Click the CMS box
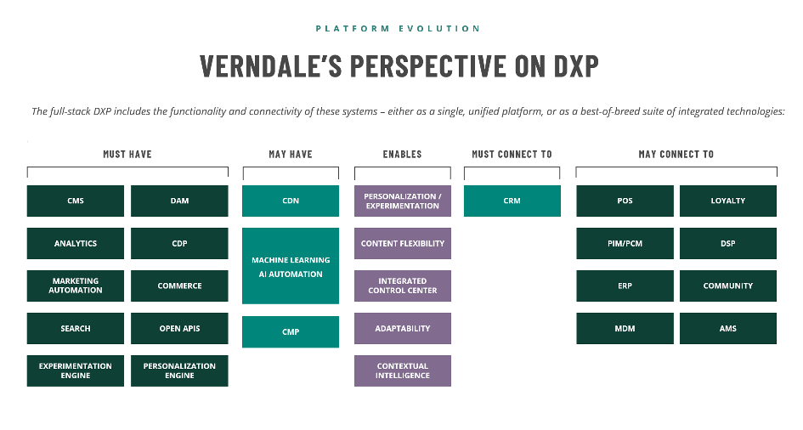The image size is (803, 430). [76, 201]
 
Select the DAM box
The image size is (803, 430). [179, 201]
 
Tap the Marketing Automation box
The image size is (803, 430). [76, 286]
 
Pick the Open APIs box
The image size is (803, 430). [179, 328]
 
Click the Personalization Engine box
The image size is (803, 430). [179, 371]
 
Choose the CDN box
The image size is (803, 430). [291, 201]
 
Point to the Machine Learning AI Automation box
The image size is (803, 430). [291, 266]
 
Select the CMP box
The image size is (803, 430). [291, 331]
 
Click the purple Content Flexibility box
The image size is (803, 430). [403, 243]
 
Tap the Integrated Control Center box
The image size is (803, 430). [403, 286]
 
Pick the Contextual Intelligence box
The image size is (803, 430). [403, 371]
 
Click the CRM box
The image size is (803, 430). [512, 201]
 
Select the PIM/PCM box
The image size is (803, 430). [625, 243]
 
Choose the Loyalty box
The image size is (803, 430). [727, 201]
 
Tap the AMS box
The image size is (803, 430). [727, 328]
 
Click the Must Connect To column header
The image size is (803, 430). [512, 154]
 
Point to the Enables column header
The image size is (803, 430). [402, 154]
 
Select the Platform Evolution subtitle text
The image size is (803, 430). [398, 29]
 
